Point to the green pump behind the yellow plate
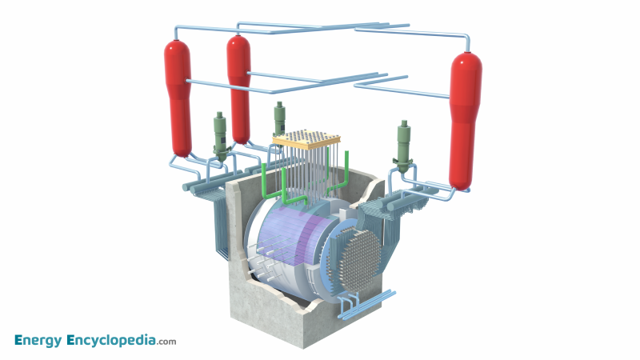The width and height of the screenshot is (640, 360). (279, 118)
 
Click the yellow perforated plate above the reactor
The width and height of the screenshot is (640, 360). (302, 141)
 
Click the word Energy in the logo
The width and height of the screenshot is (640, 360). (44, 341)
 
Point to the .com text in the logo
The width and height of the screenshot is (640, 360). (167, 342)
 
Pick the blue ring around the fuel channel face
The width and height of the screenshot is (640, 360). (333, 264)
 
